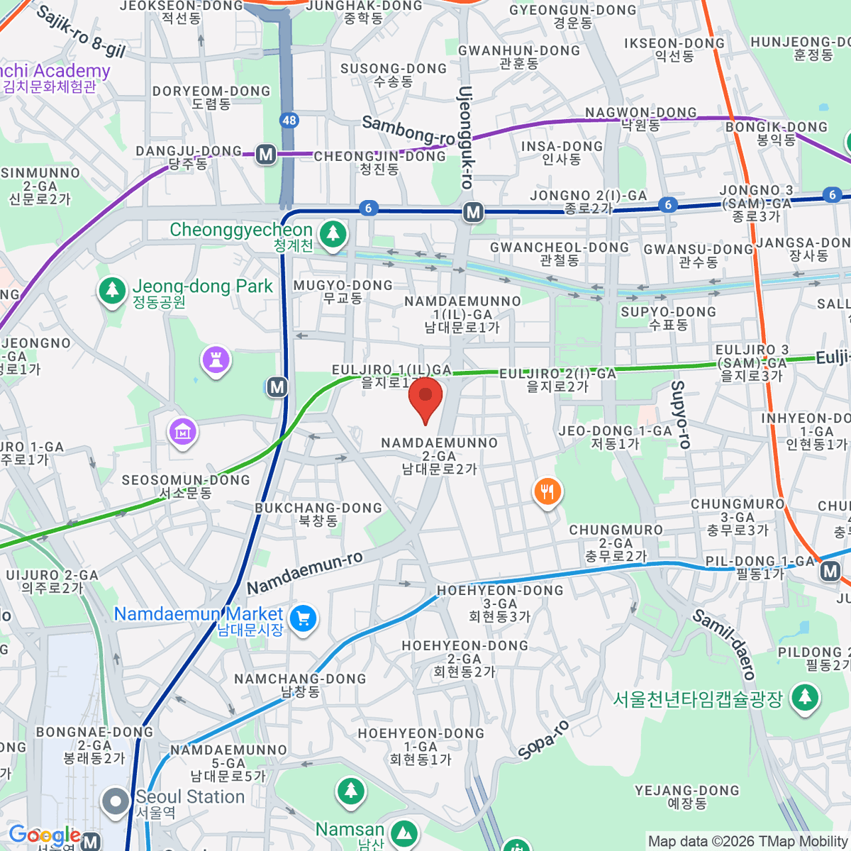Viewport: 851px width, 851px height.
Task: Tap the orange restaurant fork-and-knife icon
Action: pos(547,491)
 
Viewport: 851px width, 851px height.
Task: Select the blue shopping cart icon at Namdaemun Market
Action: pos(304,618)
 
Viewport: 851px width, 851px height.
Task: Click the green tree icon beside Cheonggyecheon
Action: pos(333,233)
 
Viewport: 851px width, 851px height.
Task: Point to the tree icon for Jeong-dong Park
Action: pos(111,290)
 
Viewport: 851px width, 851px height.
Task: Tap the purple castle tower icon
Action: pos(216,360)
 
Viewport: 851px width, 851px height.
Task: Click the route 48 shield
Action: pos(289,120)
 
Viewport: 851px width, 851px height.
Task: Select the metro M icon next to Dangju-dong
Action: pos(266,154)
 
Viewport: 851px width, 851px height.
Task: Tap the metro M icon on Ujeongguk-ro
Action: pos(473,211)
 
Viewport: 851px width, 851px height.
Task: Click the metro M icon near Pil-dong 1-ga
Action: pos(830,571)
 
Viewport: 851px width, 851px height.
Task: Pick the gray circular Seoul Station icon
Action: pos(115,801)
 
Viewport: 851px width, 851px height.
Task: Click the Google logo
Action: pos(44,835)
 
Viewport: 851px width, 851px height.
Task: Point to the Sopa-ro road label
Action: pos(543,740)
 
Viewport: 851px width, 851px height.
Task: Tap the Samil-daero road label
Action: pos(723,644)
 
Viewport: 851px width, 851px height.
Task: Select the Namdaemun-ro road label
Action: pos(305,573)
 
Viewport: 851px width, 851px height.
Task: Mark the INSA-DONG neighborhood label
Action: pos(562,152)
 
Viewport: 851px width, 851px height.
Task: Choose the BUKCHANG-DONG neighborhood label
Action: pos(318,514)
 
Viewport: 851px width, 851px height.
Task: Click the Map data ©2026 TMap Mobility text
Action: pos(748,841)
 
